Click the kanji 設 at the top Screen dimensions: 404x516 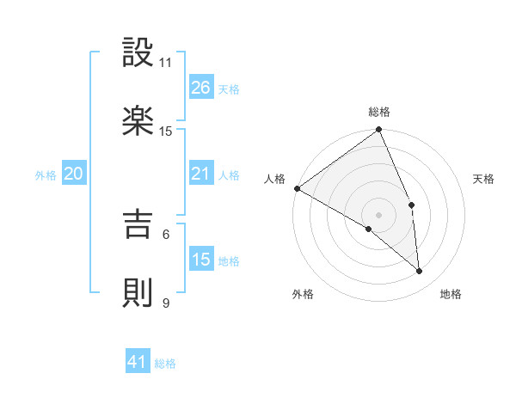(x=138, y=53)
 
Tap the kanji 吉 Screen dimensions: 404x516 (x=138, y=224)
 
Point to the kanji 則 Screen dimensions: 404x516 (x=138, y=292)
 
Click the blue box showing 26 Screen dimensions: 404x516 (x=200, y=88)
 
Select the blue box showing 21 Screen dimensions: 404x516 (x=200, y=174)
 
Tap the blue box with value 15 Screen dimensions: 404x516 (x=200, y=260)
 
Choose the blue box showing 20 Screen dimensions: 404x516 (x=73, y=174)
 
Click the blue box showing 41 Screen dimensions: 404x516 (x=138, y=363)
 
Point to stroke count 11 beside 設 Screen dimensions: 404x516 (x=166, y=63)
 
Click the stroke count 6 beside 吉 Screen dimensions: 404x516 (x=166, y=234)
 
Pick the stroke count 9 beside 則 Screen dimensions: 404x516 (x=166, y=303)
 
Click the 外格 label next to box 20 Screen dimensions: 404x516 (x=46, y=174)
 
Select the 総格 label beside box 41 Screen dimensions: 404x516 (x=165, y=364)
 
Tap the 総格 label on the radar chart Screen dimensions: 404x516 (x=379, y=112)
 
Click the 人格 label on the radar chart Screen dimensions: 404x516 (x=273, y=178)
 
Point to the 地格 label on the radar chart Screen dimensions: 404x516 (x=451, y=294)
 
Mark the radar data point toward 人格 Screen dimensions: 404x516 (x=297, y=188)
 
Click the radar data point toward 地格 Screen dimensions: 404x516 (x=420, y=272)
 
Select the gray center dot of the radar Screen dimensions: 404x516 (x=378, y=214)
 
